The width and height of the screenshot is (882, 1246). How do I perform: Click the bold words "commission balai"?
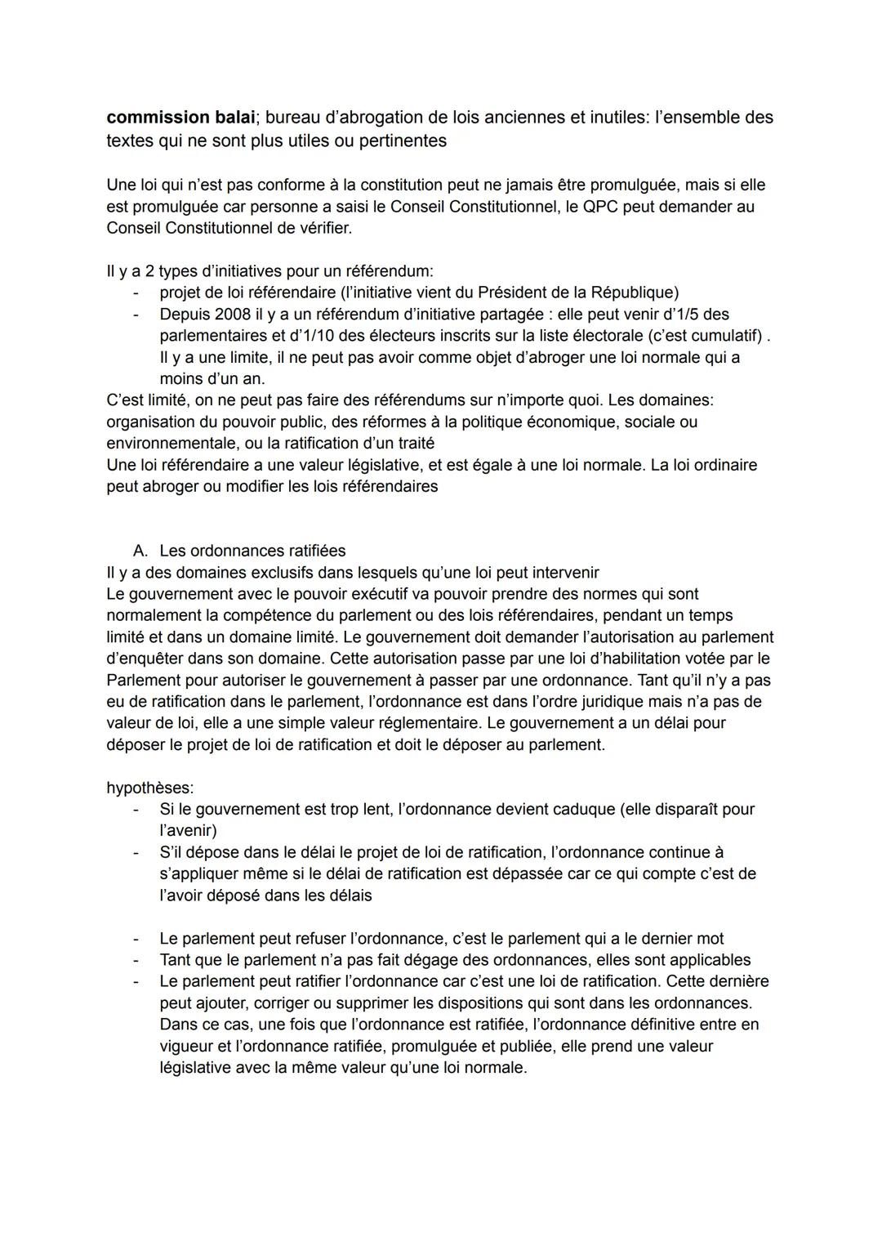174,118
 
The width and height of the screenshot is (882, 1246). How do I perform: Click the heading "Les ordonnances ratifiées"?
252,551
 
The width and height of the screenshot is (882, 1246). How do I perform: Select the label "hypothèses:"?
150,788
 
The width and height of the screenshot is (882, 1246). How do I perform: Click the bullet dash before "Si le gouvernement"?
136,809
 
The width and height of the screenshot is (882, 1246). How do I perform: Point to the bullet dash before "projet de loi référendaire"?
136,293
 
